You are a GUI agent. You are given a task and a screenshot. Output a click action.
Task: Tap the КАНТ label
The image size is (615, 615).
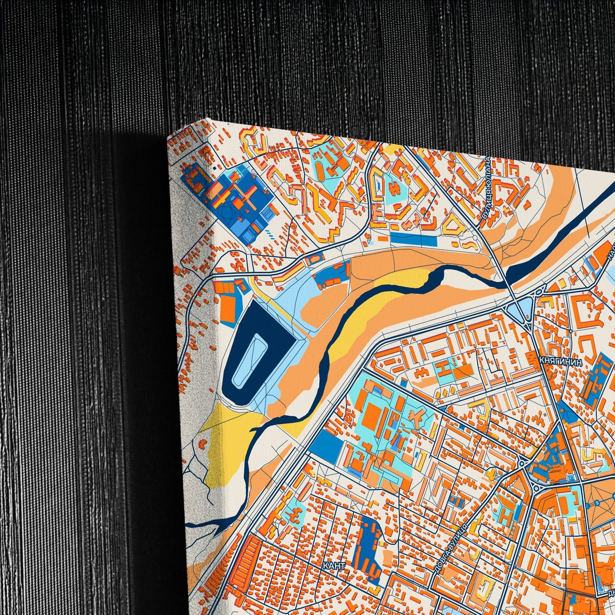[x=334, y=566]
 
